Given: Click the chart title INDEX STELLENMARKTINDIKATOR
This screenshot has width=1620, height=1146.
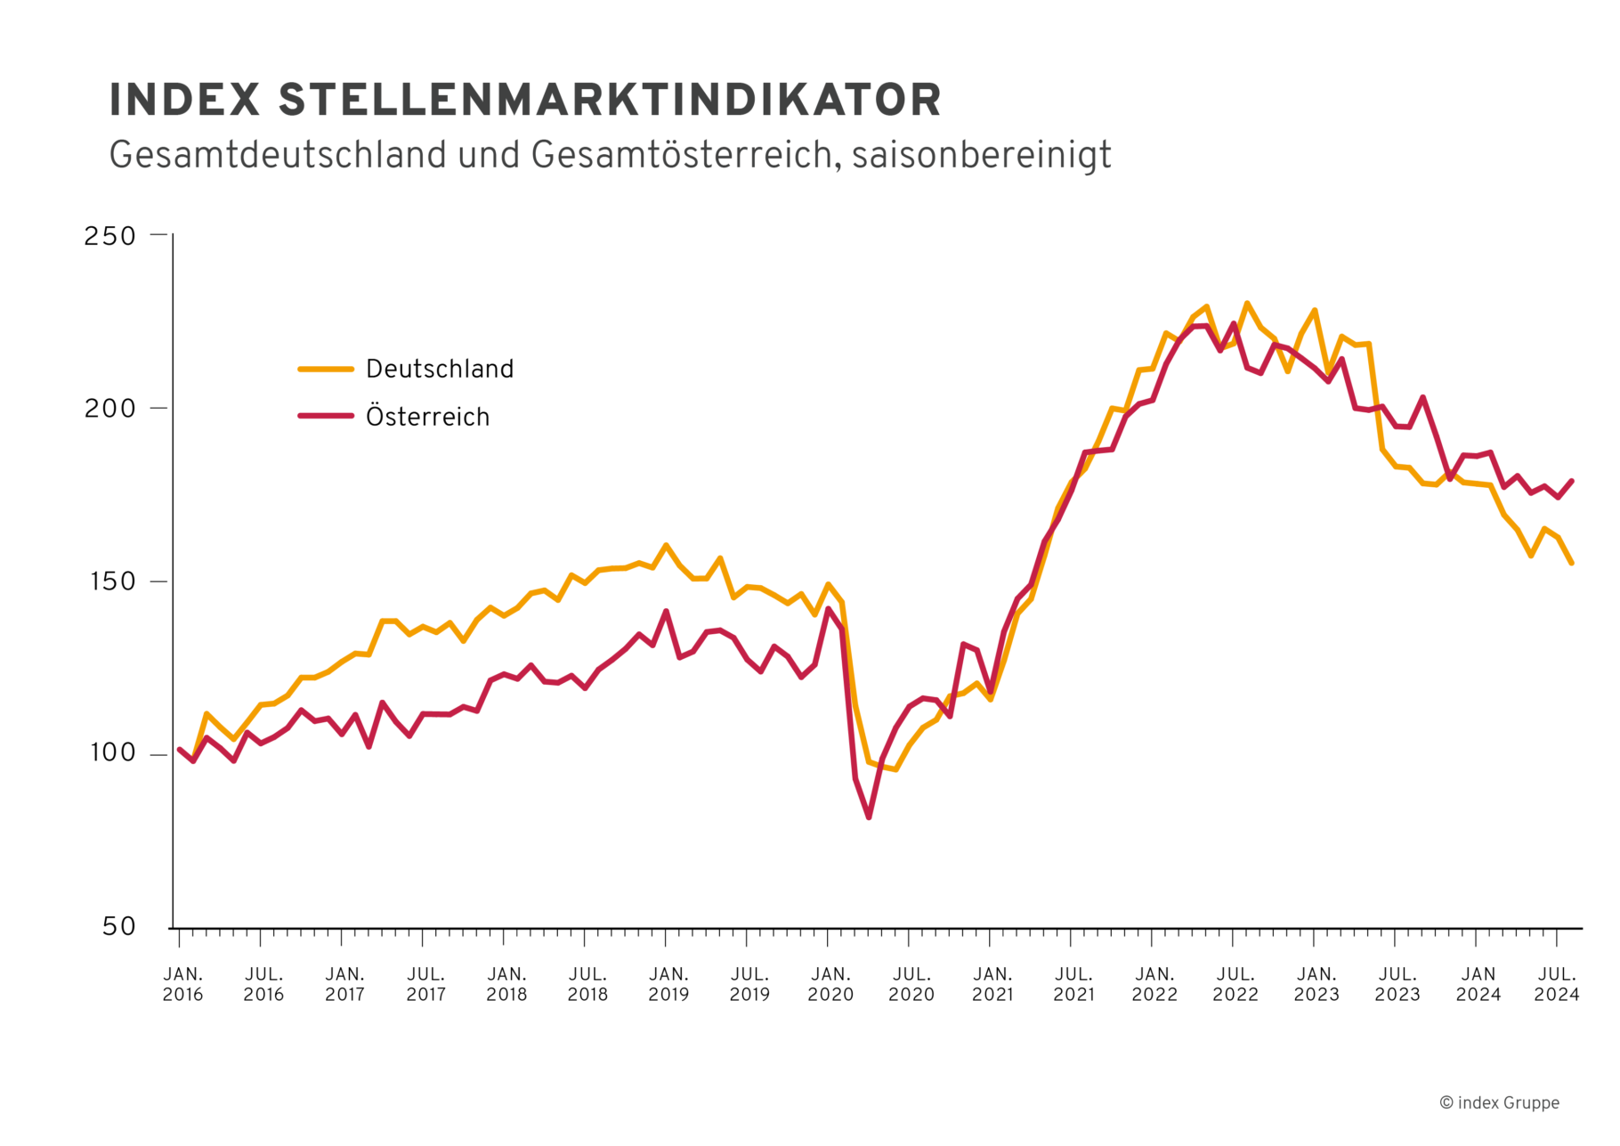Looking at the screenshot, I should [x=525, y=100].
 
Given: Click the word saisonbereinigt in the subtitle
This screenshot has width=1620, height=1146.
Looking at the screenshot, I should [x=981, y=155].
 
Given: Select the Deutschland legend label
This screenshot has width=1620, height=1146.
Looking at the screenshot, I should [x=440, y=369].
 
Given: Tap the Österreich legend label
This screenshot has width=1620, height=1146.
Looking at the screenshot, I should [x=427, y=417].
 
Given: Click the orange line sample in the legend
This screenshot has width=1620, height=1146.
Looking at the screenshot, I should [x=326, y=369].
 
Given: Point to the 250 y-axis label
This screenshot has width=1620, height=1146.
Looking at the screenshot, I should [x=109, y=236].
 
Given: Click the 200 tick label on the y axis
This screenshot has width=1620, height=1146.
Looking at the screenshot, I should [x=109, y=409].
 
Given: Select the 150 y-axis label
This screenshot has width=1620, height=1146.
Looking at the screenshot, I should [x=109, y=581].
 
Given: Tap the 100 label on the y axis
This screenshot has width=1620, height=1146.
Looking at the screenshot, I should [x=111, y=753].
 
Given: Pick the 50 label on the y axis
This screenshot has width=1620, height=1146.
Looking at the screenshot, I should [x=118, y=927].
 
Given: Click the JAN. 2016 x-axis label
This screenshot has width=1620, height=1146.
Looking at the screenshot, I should [x=182, y=984].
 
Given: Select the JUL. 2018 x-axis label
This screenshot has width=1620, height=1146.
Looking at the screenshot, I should [x=587, y=984].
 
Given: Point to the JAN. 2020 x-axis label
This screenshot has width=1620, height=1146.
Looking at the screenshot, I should [x=830, y=984].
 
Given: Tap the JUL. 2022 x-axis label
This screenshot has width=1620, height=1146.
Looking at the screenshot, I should [x=1235, y=984].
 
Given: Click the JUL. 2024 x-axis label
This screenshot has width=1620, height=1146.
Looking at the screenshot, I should [x=1557, y=984].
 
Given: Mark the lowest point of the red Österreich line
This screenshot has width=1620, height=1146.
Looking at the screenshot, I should [x=869, y=817].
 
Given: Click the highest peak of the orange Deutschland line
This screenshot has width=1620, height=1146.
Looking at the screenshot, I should [x=1246, y=304].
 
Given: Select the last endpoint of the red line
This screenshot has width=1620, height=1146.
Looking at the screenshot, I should [x=1572, y=482].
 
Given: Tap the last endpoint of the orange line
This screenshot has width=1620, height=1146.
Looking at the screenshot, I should [x=1572, y=563].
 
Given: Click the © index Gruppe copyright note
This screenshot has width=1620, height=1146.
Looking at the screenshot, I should [x=1499, y=1102].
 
